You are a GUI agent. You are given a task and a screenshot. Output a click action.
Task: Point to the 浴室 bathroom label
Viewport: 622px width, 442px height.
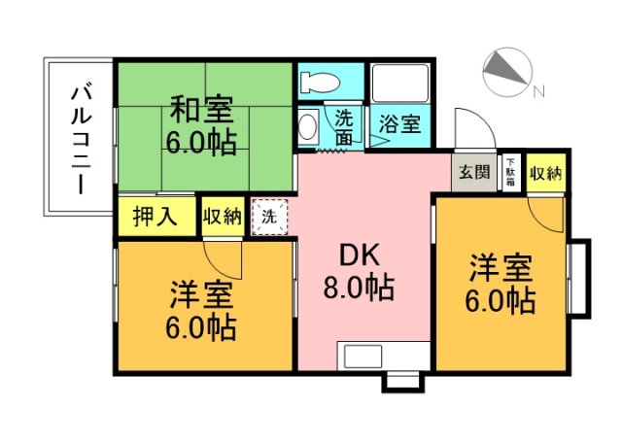click(x=399, y=124)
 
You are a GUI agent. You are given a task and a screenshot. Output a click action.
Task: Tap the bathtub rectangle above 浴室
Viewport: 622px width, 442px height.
click(x=398, y=86)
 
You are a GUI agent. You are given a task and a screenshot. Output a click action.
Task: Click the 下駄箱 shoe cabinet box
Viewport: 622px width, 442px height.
click(x=510, y=172)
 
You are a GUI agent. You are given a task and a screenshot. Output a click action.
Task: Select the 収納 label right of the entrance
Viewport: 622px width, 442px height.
click(x=544, y=173)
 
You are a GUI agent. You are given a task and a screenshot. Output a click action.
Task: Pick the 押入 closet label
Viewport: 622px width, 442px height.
click(x=155, y=216)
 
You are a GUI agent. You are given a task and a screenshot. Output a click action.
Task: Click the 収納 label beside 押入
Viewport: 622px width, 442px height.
click(x=223, y=217)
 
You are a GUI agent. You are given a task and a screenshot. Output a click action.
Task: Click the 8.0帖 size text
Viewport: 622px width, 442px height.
click(x=359, y=288)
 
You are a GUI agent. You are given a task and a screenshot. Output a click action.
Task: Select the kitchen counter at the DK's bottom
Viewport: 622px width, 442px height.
click(x=382, y=355)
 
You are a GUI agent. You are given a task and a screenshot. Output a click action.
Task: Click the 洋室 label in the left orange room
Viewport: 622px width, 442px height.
click(x=200, y=291)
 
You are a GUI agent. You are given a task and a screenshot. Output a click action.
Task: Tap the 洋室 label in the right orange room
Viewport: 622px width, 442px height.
click(x=501, y=264)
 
